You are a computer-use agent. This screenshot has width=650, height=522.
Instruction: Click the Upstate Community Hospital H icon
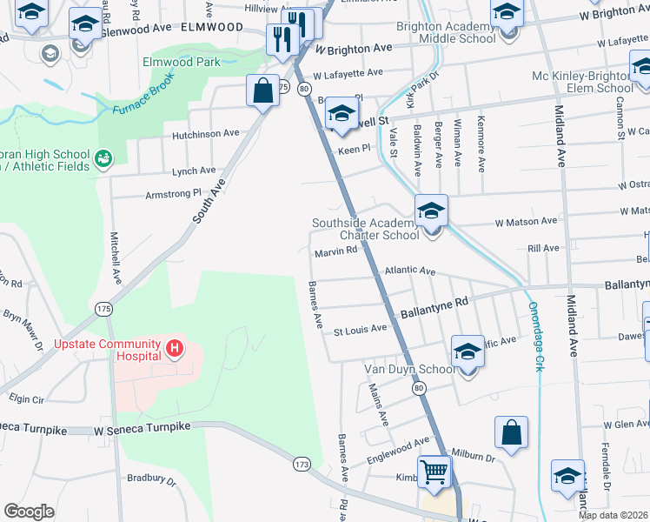175,350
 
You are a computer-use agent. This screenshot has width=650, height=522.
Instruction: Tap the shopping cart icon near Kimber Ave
434,472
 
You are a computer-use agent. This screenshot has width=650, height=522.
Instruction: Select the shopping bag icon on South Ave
262,90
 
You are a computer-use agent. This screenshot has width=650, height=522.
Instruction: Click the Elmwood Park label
181,62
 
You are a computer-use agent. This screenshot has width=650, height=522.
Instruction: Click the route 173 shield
302,464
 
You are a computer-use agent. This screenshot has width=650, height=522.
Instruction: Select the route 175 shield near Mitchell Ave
103,309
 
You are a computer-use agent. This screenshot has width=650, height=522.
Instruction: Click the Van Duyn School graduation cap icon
468,352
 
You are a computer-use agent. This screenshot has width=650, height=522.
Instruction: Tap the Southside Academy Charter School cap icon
431,211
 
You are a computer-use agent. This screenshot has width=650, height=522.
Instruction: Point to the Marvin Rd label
336,251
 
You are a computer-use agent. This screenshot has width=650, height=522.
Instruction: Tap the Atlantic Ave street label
409,271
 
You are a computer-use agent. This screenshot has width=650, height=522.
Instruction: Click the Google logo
29,512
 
